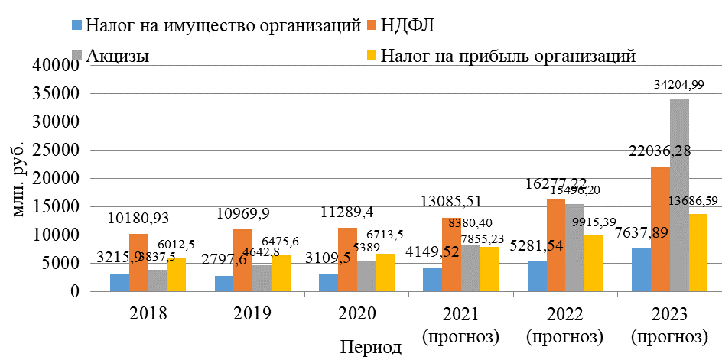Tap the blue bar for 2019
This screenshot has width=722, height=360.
click(x=224, y=284)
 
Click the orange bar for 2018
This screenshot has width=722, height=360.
click(x=138, y=262)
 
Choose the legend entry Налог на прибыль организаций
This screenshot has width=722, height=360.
click(x=509, y=55)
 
